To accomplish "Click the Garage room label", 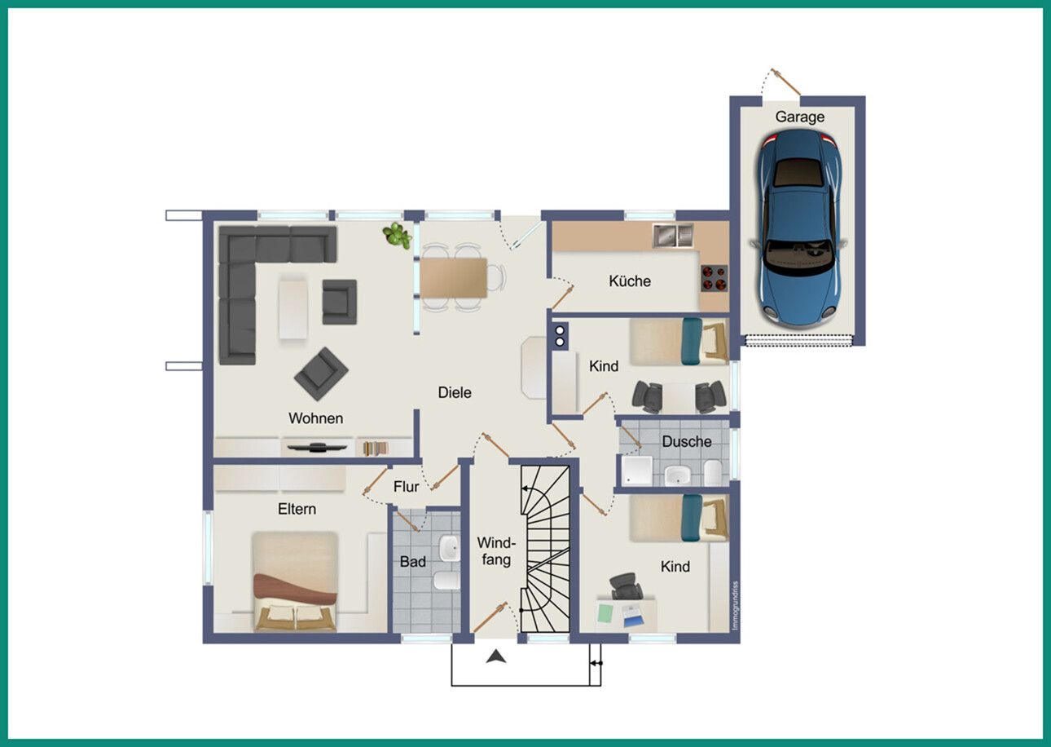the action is (799, 117).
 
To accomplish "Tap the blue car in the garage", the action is (800, 228).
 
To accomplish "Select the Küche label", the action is (630, 281).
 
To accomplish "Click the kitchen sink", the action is (673, 236).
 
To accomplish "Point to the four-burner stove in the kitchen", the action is (715, 278).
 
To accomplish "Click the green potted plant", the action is (397, 236).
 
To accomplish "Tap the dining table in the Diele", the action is (453, 277).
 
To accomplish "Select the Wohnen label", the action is (316, 418).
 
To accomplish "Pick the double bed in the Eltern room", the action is (295, 581).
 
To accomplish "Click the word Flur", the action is (406, 487).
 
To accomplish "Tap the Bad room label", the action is (412, 562).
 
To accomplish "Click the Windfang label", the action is (496, 551).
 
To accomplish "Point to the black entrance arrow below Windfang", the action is (496, 656).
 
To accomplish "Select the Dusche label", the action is (687, 442).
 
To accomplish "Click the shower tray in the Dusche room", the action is (636, 471).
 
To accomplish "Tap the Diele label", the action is (454, 392).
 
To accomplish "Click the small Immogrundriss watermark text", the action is (735, 606).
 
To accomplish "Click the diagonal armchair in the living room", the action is (321, 373).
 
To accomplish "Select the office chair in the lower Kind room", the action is (626, 586).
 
